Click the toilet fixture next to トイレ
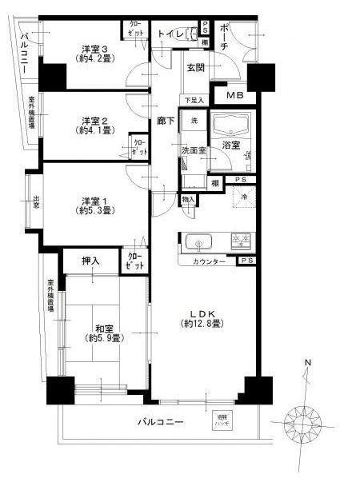point(191,35)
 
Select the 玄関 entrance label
point(195,69)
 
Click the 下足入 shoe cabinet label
point(195,101)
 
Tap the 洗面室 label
point(192,149)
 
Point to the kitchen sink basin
point(197,241)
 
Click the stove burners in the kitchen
point(240,241)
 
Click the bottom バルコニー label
point(160,420)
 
